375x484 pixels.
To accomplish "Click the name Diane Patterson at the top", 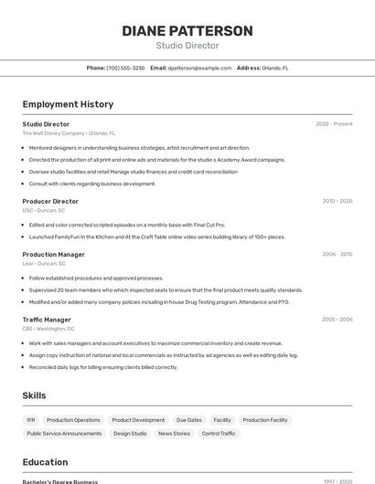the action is [x=187, y=31].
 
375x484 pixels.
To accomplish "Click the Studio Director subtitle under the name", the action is [x=187, y=46].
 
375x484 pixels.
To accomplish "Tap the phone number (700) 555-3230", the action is [x=125, y=68].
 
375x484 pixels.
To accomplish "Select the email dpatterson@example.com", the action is [x=199, y=68].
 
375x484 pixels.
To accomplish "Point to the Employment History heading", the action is [x=68, y=104].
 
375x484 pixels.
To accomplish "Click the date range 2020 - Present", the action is [x=334, y=124].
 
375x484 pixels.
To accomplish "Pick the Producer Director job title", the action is [x=50, y=201].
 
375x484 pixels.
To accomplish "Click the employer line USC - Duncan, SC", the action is [x=44, y=210].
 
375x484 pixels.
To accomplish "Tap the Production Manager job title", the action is [x=54, y=255].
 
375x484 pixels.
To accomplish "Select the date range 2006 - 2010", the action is [x=337, y=255].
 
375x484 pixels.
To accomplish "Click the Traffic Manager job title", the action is [x=47, y=320].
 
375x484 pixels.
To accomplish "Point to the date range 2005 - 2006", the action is [x=337, y=320].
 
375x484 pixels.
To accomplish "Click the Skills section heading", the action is [x=34, y=395].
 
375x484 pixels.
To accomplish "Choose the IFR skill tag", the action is [x=31, y=420].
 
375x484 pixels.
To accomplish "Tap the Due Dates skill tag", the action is [x=189, y=420].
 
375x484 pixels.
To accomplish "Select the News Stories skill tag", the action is [x=175, y=434].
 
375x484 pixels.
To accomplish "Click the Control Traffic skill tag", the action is [x=219, y=434].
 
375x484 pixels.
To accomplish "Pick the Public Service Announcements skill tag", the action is [x=64, y=434].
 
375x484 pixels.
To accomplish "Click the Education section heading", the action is [x=45, y=462].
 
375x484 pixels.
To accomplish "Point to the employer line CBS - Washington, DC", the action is [x=48, y=329].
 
